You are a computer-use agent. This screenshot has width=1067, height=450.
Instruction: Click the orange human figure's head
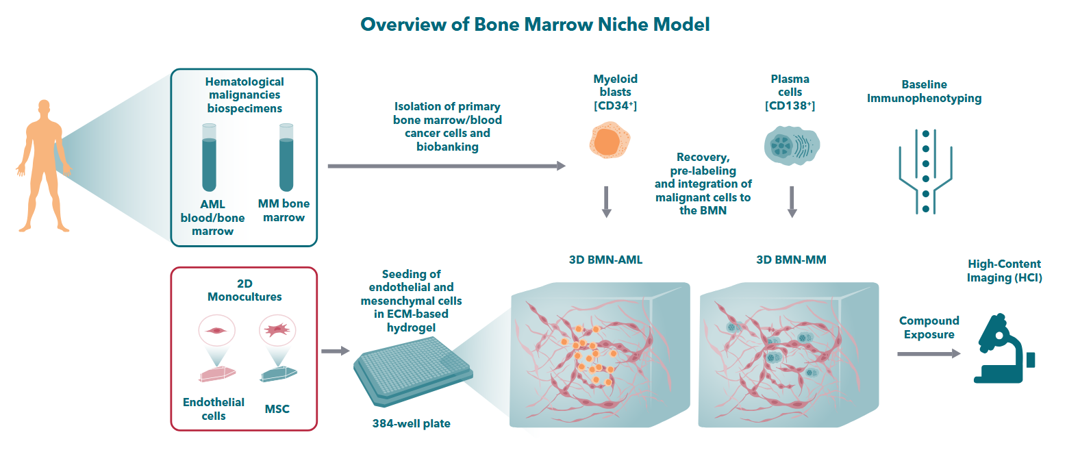45,107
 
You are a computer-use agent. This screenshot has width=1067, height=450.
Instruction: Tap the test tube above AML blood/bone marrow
209,158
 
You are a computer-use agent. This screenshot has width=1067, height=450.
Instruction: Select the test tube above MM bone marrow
286,158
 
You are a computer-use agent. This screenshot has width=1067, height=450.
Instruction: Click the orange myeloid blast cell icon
610,140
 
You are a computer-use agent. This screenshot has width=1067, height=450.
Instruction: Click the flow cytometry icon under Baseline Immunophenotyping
925,171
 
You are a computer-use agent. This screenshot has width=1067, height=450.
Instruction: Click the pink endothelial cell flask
216,374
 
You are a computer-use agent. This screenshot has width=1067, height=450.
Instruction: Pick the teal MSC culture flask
278,374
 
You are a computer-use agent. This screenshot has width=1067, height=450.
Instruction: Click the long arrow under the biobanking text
447,166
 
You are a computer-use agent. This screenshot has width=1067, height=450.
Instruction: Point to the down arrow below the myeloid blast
606,202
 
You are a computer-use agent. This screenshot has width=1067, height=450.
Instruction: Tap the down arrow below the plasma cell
792,202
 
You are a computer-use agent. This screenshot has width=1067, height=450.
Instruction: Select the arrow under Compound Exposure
929,354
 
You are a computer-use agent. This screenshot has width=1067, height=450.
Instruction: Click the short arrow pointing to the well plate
336,351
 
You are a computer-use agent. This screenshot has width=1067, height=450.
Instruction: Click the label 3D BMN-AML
605,260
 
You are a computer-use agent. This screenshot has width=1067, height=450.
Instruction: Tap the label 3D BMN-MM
791,260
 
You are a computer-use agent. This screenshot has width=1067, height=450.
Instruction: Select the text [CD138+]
790,105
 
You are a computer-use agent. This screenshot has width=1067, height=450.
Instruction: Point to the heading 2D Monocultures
244,290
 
